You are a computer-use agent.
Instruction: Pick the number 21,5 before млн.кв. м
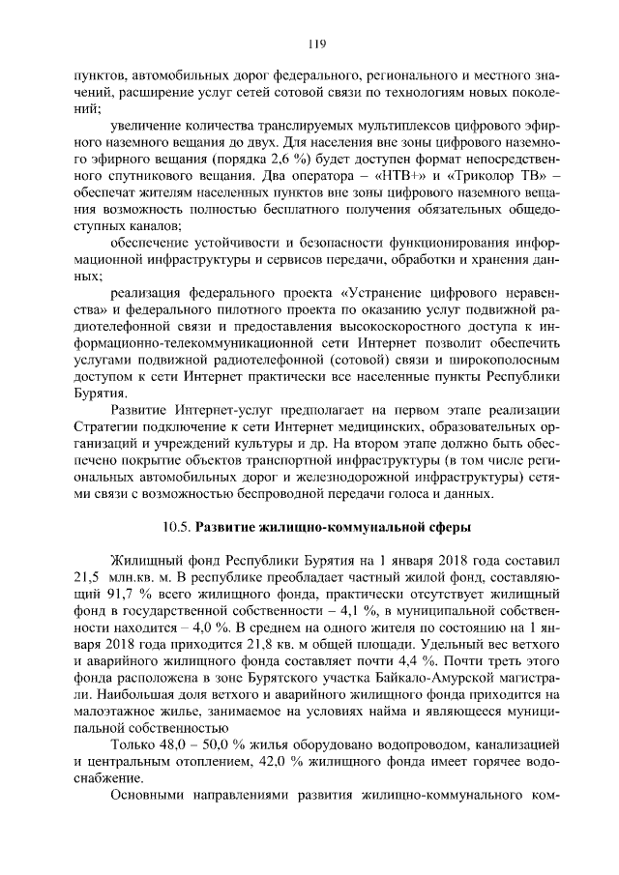(89, 579)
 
